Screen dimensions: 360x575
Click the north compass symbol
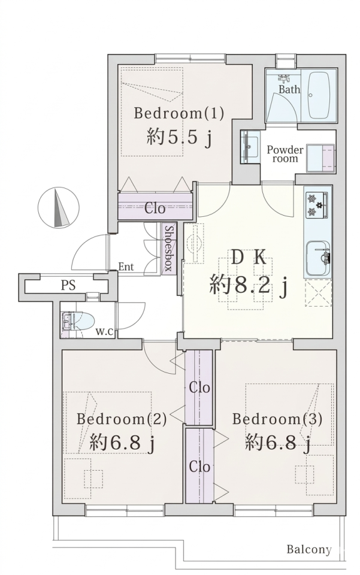[58, 208]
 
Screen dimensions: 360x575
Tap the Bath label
[289, 89]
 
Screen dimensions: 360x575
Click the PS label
[68, 285]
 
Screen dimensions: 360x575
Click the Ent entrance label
[126, 267]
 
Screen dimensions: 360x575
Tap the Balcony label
[308, 549]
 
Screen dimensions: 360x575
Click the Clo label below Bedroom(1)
[155, 208]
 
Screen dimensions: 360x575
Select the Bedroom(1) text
[179, 113]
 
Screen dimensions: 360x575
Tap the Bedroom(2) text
[122, 419]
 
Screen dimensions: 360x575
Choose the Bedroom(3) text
[277, 419]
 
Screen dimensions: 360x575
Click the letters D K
[249, 258]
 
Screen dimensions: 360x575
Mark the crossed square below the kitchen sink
[318, 293]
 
